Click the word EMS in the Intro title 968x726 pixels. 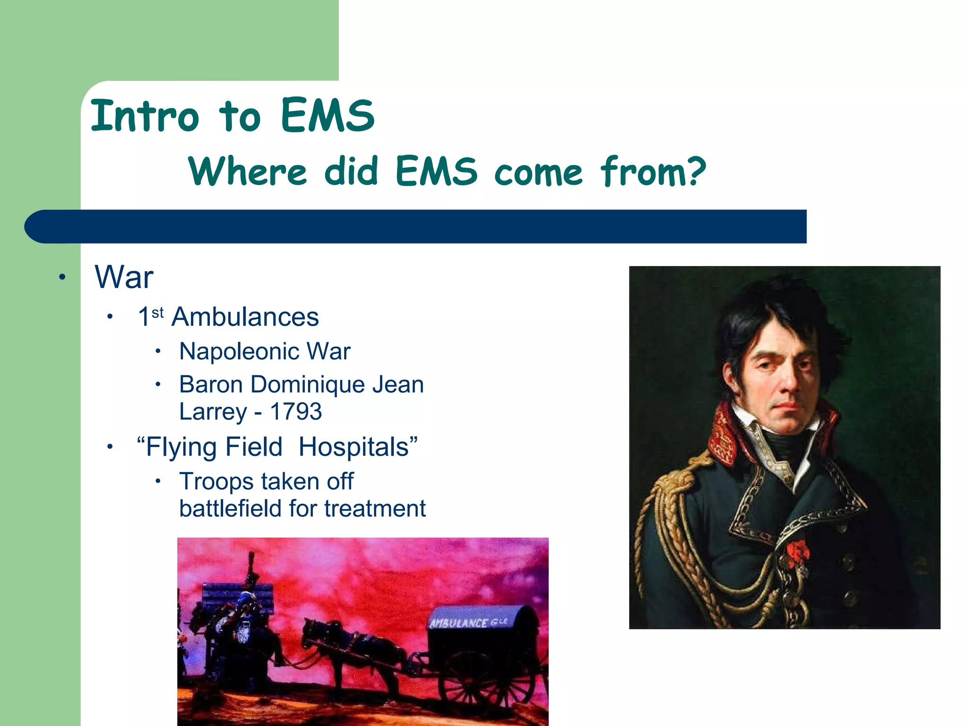pyautogui.click(x=327, y=115)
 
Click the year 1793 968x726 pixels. pyautogui.click(x=295, y=411)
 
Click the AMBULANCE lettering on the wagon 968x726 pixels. pyautogui.click(x=458, y=623)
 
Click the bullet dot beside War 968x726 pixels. pyautogui.click(x=62, y=277)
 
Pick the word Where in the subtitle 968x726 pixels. pyautogui.click(x=248, y=171)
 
